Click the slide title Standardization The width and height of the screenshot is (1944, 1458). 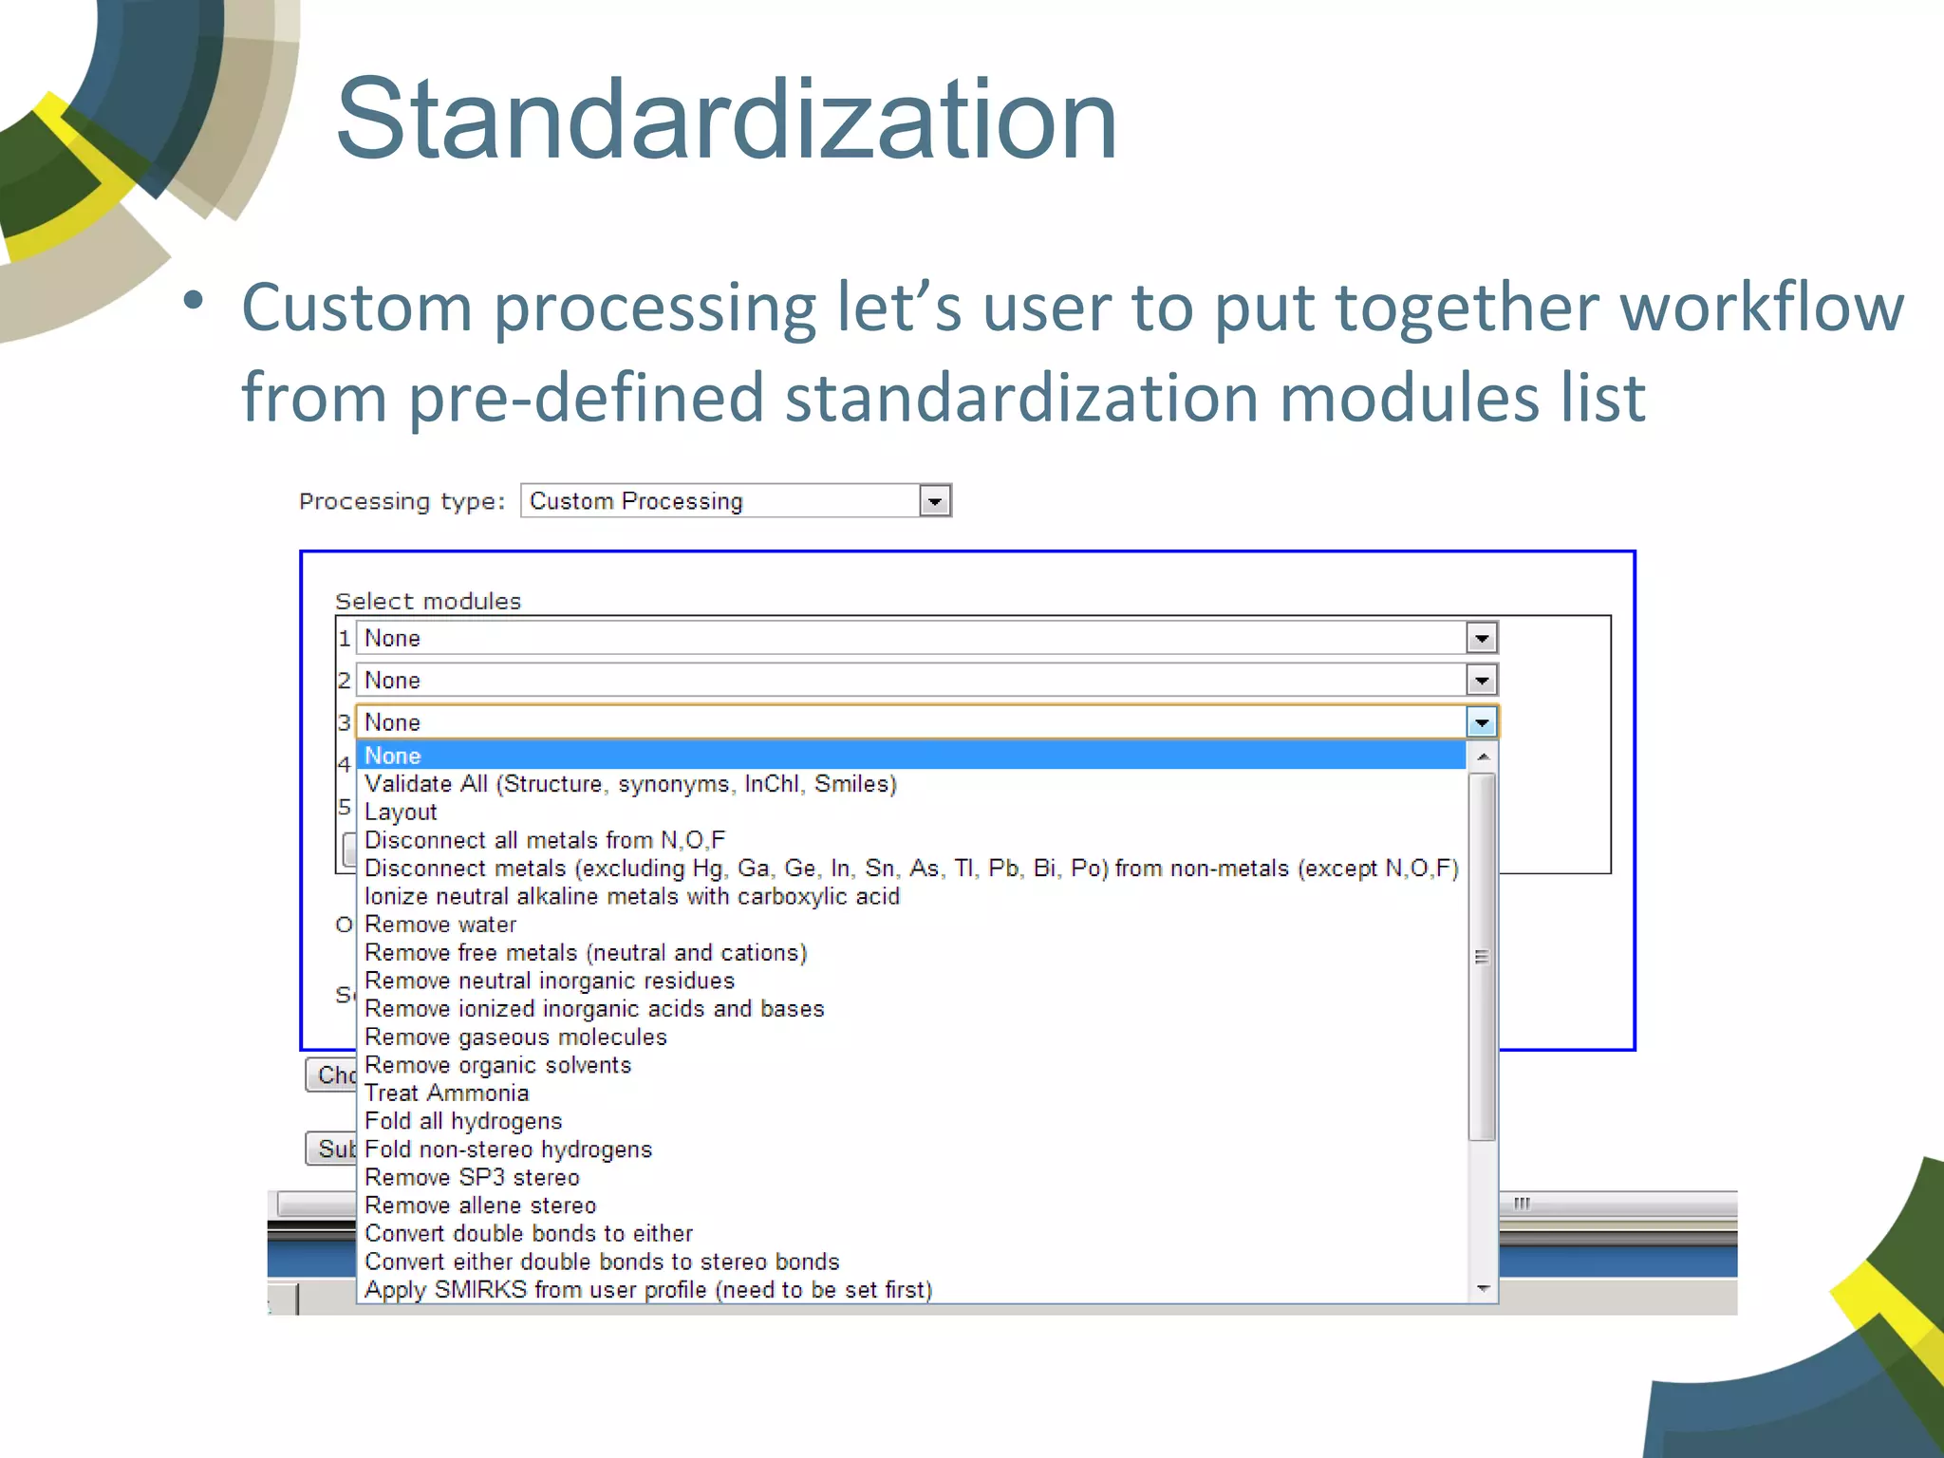pyautogui.click(x=726, y=121)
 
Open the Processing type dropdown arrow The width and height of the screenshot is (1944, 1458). pyautogui.click(x=935, y=501)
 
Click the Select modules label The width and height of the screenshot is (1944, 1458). pyautogui.click(x=428, y=601)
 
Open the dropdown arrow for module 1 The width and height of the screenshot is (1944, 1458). pyautogui.click(x=1481, y=638)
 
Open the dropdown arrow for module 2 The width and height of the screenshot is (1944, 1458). pyautogui.click(x=1481, y=680)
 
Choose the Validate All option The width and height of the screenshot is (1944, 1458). pyautogui.click(x=630, y=784)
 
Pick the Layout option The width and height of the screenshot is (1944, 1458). pyautogui.click(x=401, y=812)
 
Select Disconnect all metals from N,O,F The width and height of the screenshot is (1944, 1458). pyautogui.click(x=545, y=840)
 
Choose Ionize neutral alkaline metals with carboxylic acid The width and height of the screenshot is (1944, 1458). pyautogui.click(x=632, y=896)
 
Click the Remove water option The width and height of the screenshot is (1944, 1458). pyautogui.click(x=440, y=925)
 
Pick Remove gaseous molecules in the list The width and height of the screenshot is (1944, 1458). pyautogui.click(x=515, y=1037)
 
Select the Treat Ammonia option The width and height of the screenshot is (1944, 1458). pyautogui.click(x=446, y=1093)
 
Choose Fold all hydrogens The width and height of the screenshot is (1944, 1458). pyautogui.click(x=463, y=1121)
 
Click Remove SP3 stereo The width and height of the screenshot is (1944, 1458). pyautogui.click(x=472, y=1177)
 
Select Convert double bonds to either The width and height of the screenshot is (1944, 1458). pyautogui.click(x=529, y=1233)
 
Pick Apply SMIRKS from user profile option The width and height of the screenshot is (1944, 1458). pyautogui.click(x=648, y=1289)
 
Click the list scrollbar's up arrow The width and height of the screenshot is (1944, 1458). pyautogui.click(x=1483, y=757)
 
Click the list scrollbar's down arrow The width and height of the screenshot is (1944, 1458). pyautogui.click(x=1483, y=1288)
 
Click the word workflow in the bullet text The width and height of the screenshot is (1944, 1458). pyautogui.click(x=1761, y=308)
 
